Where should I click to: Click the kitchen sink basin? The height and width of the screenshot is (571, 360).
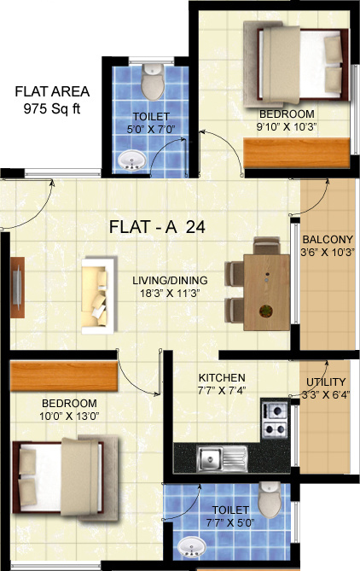[x=210, y=458]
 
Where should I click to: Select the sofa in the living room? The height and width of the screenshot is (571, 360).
[x=99, y=295]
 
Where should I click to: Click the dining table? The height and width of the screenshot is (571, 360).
[x=266, y=293]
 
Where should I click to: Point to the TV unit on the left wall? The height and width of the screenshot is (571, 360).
[x=17, y=288]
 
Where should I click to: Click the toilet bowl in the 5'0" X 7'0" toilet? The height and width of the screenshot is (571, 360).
[x=153, y=82]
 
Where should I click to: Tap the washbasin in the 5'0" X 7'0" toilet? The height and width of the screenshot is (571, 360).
[x=132, y=160]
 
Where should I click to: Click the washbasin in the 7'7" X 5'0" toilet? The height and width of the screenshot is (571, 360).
[x=191, y=547]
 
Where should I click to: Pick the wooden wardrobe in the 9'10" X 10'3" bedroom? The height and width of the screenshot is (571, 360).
[x=297, y=154]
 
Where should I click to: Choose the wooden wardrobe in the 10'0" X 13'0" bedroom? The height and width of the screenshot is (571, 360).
[x=64, y=376]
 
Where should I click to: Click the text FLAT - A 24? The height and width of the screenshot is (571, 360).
[x=157, y=227]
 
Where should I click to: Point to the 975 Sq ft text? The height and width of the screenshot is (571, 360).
[x=52, y=108]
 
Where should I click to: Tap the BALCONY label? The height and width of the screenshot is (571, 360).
[x=328, y=240]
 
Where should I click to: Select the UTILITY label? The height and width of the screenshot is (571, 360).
[x=326, y=382]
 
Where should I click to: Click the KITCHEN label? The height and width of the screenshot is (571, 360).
[x=222, y=377]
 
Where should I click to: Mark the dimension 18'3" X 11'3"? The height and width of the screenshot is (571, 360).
[x=170, y=293]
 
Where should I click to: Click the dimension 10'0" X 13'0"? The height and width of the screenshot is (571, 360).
[x=69, y=416]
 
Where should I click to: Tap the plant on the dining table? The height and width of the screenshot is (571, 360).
[x=266, y=311]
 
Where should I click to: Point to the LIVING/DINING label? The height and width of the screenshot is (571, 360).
[x=170, y=281]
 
